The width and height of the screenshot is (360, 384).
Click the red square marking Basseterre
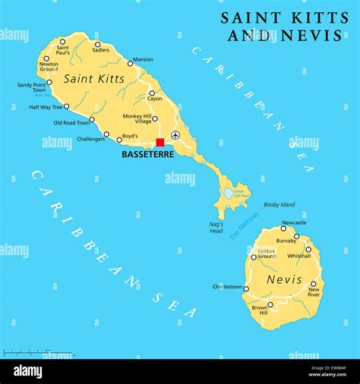click(x=160, y=142)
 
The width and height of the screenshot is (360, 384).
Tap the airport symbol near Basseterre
click(x=175, y=135)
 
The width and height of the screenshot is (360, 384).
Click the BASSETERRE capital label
click(x=147, y=154)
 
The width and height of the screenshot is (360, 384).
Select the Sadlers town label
click(x=100, y=50)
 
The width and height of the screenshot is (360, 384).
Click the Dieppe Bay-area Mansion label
click(x=143, y=59)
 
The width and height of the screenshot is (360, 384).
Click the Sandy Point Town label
click(x=31, y=87)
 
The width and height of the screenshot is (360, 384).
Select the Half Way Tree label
click(x=45, y=107)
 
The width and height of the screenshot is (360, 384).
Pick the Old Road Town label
click(x=71, y=122)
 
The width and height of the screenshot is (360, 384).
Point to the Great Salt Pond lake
click(x=229, y=194)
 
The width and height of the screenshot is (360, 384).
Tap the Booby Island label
click(x=279, y=204)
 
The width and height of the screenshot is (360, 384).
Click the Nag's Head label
click(x=216, y=227)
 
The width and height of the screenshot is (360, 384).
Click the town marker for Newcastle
click(x=283, y=228)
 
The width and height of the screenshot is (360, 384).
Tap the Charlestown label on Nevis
click(x=227, y=287)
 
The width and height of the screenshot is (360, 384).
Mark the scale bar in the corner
click(x=38, y=353)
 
